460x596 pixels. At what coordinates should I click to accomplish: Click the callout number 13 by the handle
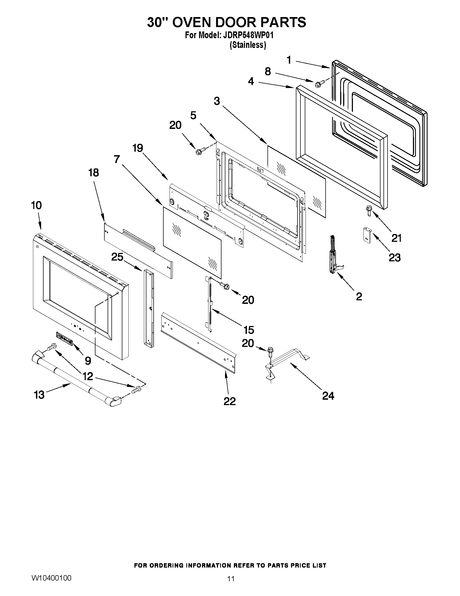coord(39,395)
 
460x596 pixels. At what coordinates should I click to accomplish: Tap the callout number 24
coord(328,396)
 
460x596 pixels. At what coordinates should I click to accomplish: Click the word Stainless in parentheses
coord(248,45)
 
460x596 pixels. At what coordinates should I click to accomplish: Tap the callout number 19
coord(138,148)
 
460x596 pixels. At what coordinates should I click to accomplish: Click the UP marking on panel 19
coord(206,219)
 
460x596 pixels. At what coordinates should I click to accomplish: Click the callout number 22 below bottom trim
coord(229,401)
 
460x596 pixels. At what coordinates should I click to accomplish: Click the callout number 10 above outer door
coord(36,205)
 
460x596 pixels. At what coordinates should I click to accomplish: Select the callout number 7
coord(117,159)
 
